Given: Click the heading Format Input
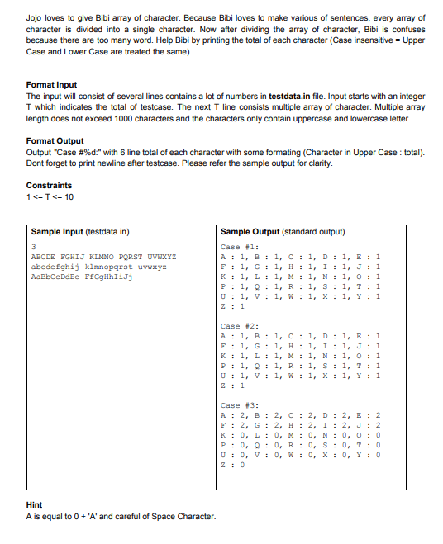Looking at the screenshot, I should [x=51, y=85].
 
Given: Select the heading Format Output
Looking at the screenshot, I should [x=55, y=140].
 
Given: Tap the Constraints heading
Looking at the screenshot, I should [x=49, y=185].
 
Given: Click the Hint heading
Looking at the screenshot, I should [x=35, y=505].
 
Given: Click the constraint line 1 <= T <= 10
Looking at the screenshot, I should [x=51, y=196].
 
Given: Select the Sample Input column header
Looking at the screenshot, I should [x=80, y=232].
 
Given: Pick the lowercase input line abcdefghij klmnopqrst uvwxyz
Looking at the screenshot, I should [x=98, y=266].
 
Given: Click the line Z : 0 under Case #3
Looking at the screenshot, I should [x=235, y=465].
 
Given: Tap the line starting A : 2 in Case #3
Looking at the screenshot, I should [x=302, y=415].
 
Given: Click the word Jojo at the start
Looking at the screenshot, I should [x=36, y=17].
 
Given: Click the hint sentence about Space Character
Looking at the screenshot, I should [x=121, y=517].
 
